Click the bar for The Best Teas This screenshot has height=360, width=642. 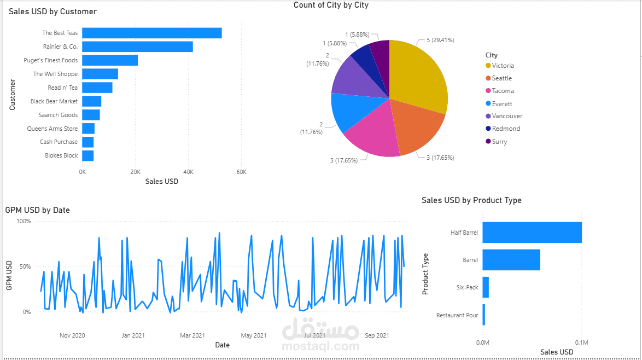point(151,33)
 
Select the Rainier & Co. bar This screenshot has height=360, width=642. point(137,47)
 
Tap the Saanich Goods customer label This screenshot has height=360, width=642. point(58,115)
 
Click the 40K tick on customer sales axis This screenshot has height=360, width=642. point(188,171)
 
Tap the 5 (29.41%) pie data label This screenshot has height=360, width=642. point(436,40)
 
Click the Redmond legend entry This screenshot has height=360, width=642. point(506,129)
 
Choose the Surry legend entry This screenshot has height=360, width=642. point(499,142)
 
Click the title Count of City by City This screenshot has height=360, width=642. point(331,5)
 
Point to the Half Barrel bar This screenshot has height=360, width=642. point(532,233)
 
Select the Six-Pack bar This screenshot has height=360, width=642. point(486,287)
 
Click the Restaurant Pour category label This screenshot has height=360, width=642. point(457,315)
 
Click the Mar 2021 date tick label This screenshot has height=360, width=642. point(192,335)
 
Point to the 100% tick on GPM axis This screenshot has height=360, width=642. point(24,221)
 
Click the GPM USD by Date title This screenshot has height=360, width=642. point(37,210)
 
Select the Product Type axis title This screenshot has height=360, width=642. point(425,274)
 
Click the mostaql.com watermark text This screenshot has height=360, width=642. point(320,346)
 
